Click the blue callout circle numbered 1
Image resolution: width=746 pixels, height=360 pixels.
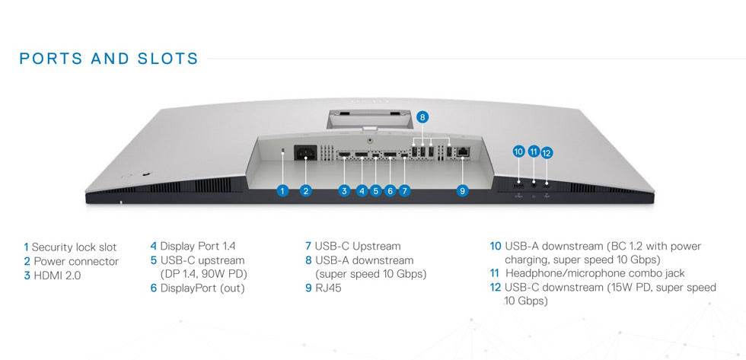pos(282,191)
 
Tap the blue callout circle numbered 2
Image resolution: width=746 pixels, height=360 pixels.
pos(306,191)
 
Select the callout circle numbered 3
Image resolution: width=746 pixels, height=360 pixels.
pos(344,191)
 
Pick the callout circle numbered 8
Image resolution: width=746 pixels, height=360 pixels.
pos(423,117)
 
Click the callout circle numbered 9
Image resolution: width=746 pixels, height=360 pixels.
pos(462,191)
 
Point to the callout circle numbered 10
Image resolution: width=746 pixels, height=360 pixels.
pos(518,152)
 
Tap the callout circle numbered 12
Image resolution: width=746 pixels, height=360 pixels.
pos(547,152)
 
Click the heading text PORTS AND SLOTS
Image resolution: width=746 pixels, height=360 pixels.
pos(109,59)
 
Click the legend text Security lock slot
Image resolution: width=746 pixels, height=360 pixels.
pos(74,247)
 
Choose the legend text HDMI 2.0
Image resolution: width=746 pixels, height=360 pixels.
pos(57,276)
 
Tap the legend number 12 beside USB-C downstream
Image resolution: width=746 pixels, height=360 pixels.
pos(496,288)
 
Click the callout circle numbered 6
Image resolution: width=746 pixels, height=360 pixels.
pos(390,191)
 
